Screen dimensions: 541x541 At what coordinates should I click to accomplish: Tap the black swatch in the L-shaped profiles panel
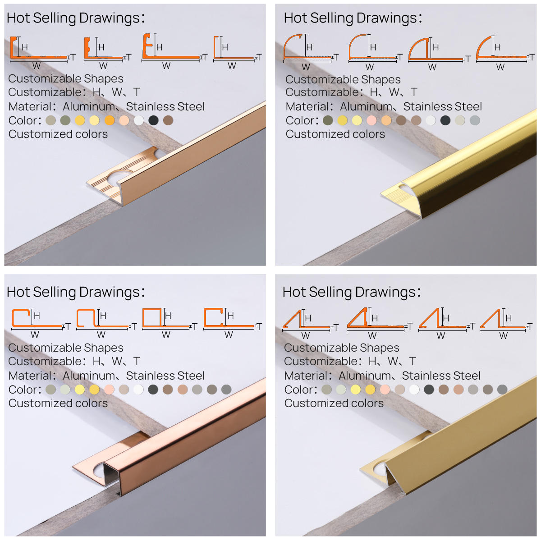coord(153,120)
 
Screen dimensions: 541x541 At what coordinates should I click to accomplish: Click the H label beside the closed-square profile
coord(168,316)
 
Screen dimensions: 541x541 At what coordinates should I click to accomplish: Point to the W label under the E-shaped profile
coord(166,66)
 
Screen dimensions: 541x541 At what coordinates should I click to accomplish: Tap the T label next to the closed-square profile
coord(195,326)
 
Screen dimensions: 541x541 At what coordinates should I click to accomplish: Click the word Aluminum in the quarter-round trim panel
coord(366,107)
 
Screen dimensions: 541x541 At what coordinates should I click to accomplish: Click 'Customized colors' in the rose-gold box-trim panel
coord(58,403)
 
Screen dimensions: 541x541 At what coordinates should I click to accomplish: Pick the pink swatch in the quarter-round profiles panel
coord(371,120)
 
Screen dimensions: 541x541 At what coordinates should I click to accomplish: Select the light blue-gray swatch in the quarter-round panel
coord(475,120)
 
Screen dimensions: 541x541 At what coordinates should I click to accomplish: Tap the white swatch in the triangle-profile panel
coord(414,390)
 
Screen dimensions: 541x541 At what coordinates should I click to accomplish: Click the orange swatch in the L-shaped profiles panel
coord(110,120)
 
